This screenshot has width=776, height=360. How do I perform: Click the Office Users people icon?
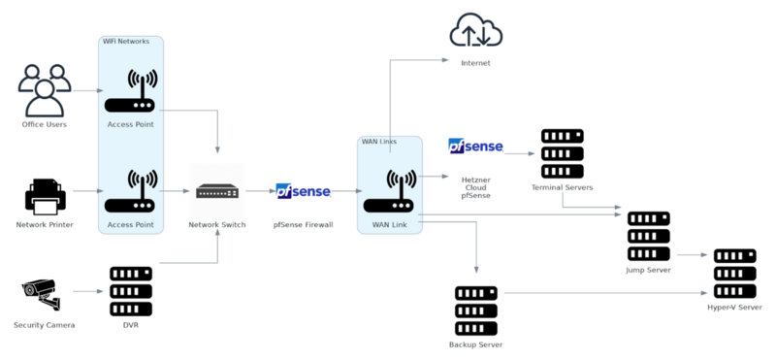click(45, 89)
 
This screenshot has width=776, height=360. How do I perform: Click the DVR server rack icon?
click(131, 289)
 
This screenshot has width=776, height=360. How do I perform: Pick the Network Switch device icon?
click(217, 191)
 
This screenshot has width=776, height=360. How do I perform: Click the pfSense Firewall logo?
click(303, 191)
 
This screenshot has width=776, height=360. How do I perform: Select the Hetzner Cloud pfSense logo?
click(475, 147)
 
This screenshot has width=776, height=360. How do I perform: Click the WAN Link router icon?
click(390, 191)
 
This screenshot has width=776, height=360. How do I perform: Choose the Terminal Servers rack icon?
click(562, 151)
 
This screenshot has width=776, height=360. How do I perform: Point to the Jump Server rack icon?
click(648, 236)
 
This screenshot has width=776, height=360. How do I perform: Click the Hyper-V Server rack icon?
click(734, 274)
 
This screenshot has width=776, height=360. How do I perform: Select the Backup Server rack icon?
click(475, 309)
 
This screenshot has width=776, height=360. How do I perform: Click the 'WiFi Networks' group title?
click(126, 42)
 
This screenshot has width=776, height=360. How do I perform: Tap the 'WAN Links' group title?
click(379, 142)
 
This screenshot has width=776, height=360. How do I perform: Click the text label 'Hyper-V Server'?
click(734, 308)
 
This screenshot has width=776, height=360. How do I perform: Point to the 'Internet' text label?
click(475, 63)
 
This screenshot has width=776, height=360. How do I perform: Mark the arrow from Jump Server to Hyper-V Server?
click(691, 255)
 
